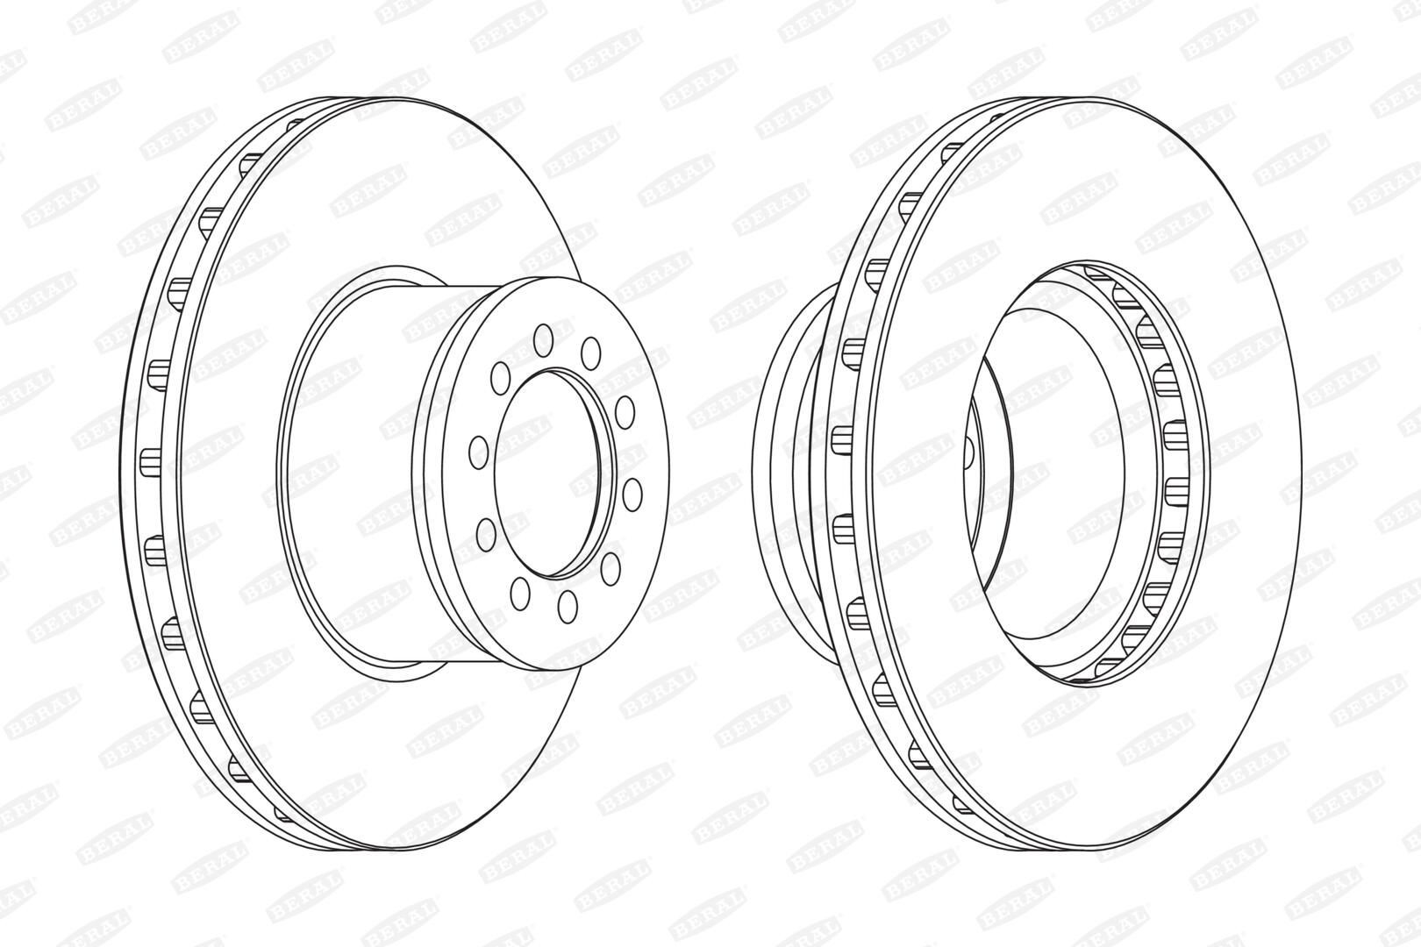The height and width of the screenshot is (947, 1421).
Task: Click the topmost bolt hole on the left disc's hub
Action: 543,340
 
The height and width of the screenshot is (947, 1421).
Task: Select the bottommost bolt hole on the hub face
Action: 568,606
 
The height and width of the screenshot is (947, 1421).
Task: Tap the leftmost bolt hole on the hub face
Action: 478,452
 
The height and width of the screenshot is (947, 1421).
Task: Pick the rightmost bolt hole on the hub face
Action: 632,495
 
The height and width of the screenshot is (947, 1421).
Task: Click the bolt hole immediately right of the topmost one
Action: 590,352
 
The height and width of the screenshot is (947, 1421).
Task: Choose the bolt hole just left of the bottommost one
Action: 520,593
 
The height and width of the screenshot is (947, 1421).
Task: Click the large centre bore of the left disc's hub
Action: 554,473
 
